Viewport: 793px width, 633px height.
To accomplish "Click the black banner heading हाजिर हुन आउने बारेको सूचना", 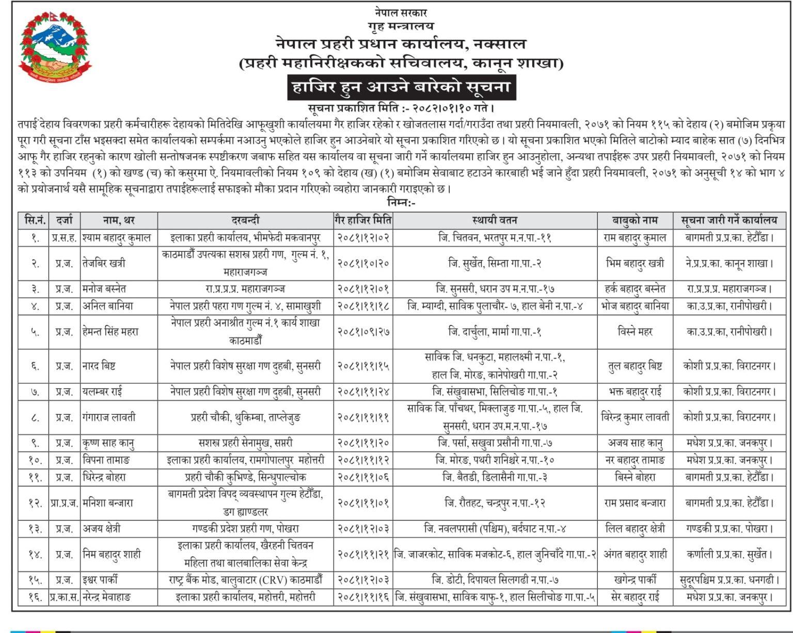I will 401,87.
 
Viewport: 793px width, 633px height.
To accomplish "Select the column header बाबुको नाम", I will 635,220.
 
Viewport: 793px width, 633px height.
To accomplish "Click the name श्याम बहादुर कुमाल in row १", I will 117,238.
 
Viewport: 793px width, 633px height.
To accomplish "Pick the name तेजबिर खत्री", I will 104,263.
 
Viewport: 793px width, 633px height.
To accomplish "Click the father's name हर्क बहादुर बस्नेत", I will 635,289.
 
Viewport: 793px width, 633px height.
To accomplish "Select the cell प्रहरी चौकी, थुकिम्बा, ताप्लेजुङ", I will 245,417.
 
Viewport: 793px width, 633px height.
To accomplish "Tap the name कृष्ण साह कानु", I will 109,443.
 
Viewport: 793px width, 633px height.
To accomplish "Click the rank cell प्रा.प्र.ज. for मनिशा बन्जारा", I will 64,502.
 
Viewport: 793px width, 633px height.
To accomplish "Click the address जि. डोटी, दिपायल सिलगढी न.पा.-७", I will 495,580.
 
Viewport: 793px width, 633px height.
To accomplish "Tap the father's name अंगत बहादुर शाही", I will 635,555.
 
